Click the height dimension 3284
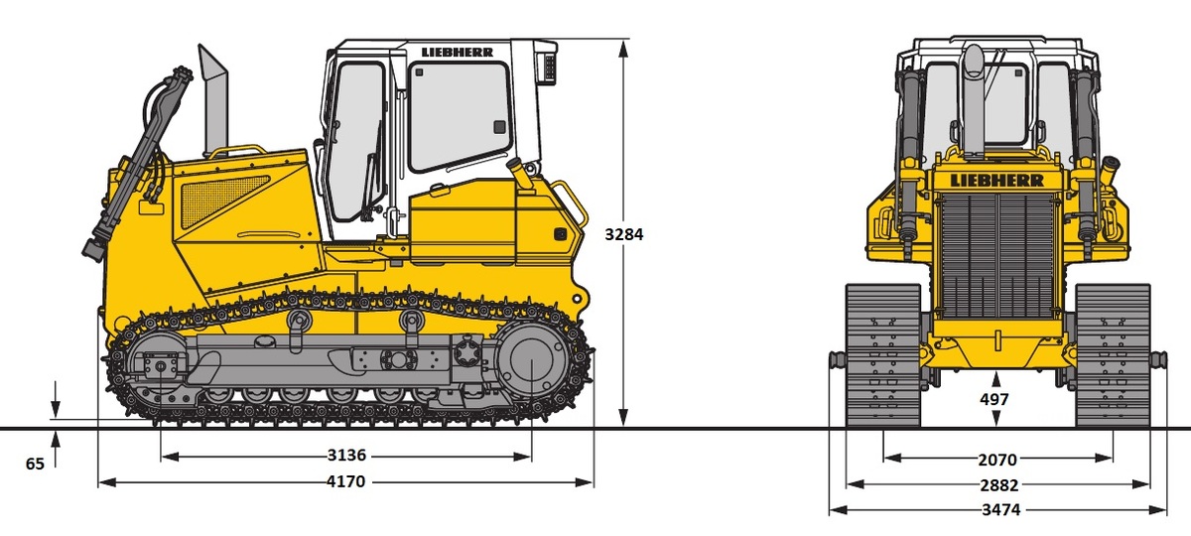click(x=623, y=234)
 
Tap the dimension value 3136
click(x=346, y=456)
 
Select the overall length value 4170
click(x=345, y=481)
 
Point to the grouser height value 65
click(x=35, y=465)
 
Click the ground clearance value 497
click(x=993, y=399)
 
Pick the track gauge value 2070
click(x=997, y=460)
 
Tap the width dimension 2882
click(x=999, y=485)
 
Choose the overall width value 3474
click(x=1001, y=510)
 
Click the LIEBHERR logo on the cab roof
click(x=458, y=52)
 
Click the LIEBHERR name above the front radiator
click(x=996, y=181)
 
